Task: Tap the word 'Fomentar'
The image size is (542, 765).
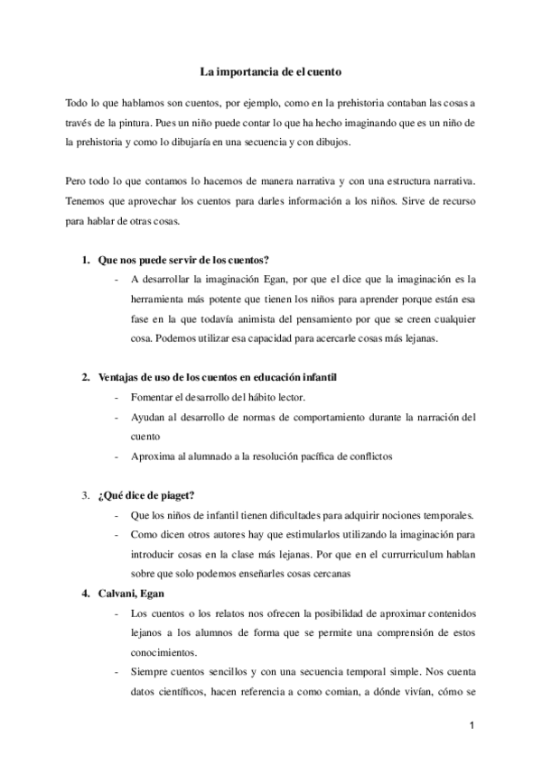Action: coord(154,398)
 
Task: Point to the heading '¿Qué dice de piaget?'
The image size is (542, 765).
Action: coord(146,495)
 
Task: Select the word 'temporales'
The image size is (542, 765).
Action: coord(427,517)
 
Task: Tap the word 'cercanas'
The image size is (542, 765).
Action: coord(324,576)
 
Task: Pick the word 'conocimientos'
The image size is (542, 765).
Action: coord(170,654)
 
